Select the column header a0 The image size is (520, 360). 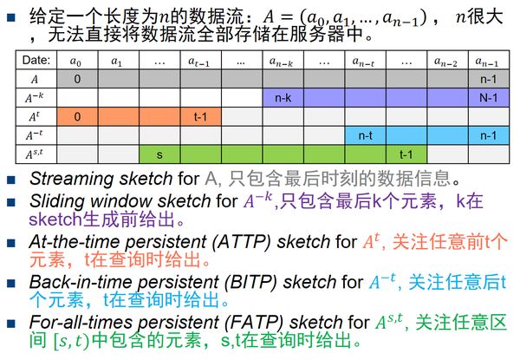[x=77, y=61]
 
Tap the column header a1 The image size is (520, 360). [x=117, y=61]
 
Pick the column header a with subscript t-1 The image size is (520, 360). [x=199, y=61]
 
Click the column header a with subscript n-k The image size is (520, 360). [x=282, y=61]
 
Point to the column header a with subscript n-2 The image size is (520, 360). [x=446, y=61]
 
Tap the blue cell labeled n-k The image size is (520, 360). [x=282, y=97]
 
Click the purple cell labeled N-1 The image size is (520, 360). [x=488, y=97]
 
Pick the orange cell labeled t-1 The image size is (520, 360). [x=199, y=116]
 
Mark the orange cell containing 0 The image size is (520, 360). [x=77, y=116]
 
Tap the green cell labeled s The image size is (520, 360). [x=159, y=154]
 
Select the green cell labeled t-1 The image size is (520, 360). [x=405, y=154]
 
